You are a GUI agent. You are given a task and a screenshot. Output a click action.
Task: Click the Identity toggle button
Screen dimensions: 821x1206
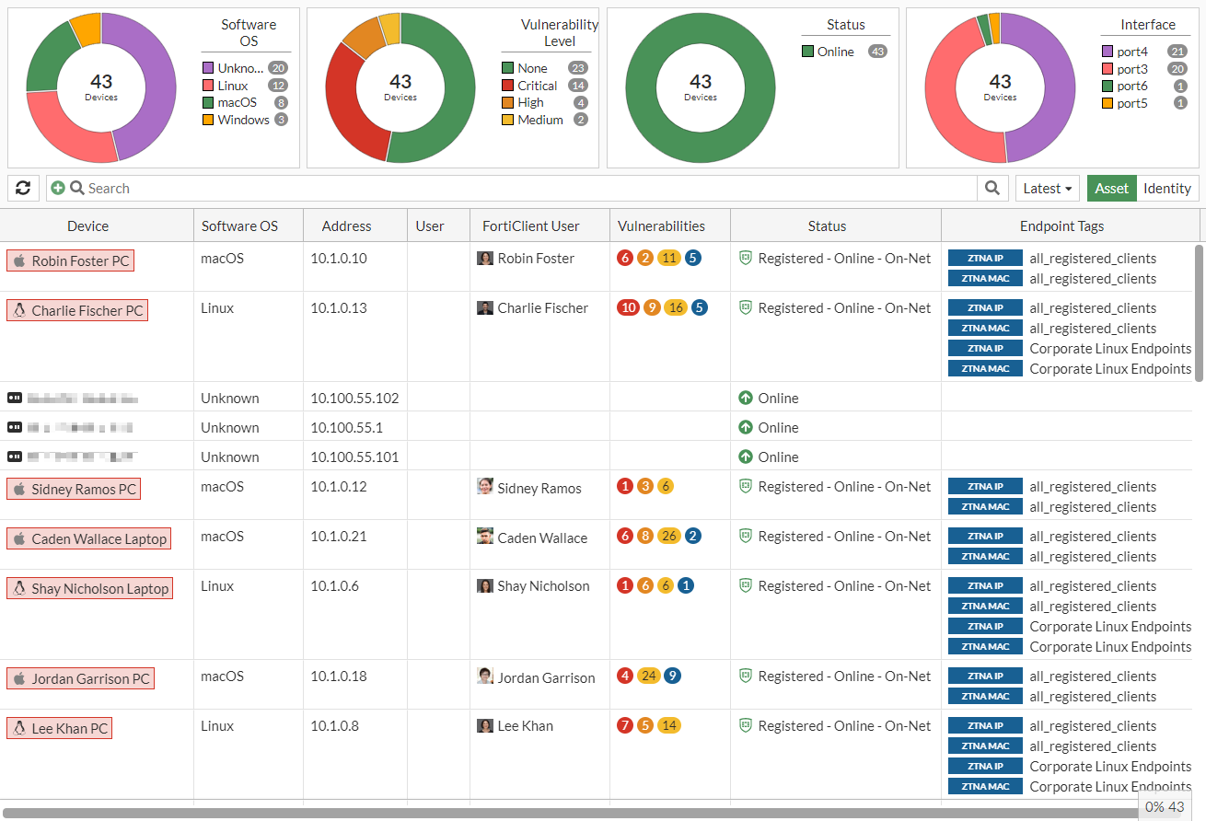click(x=1167, y=188)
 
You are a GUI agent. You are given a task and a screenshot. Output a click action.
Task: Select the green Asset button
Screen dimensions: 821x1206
click(x=1111, y=188)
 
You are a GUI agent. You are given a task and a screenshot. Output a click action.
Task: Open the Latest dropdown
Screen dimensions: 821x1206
click(x=1048, y=188)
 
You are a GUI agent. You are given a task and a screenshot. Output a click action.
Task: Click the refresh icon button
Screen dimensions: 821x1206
click(x=23, y=188)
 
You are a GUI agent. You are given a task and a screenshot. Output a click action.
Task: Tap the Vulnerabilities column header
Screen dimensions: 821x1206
click(x=661, y=225)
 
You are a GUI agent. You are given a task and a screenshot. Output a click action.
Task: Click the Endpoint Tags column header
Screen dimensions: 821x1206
click(x=1061, y=225)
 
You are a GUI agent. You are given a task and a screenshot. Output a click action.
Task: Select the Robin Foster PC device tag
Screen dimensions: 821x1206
click(x=71, y=260)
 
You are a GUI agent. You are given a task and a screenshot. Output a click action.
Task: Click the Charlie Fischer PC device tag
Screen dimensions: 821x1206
click(x=77, y=310)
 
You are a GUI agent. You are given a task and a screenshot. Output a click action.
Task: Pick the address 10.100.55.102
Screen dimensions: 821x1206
click(x=354, y=399)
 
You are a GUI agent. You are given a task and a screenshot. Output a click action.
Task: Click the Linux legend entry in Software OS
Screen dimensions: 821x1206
click(x=233, y=86)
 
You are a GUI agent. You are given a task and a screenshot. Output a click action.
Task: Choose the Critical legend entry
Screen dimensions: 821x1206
click(x=537, y=86)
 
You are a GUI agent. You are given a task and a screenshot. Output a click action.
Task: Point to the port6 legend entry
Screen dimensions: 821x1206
click(x=1132, y=86)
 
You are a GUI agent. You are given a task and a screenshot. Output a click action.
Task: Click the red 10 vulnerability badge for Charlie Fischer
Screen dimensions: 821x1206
click(x=628, y=307)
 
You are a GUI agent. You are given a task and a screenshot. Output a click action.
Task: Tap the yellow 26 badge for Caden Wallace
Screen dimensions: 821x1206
click(x=668, y=536)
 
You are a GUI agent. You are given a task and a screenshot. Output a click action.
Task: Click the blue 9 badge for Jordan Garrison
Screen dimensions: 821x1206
click(x=673, y=676)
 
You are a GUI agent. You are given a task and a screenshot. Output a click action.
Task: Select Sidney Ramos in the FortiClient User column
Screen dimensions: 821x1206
click(x=539, y=488)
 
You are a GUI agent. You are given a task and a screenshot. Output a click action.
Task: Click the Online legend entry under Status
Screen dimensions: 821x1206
click(x=835, y=52)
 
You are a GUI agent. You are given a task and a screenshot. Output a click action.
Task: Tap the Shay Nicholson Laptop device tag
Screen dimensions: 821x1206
click(x=89, y=588)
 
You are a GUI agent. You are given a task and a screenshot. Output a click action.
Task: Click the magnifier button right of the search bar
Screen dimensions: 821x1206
click(x=991, y=188)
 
